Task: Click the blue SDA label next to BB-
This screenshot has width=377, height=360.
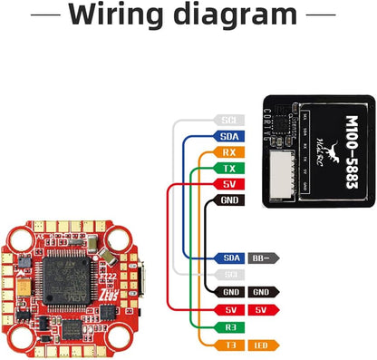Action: tap(230, 258)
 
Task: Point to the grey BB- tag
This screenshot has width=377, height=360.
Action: tap(263, 258)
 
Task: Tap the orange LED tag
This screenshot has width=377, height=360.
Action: tap(263, 345)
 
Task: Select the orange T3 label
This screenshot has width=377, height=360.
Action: tap(230, 345)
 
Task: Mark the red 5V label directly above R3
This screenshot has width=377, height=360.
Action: tap(230, 310)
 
